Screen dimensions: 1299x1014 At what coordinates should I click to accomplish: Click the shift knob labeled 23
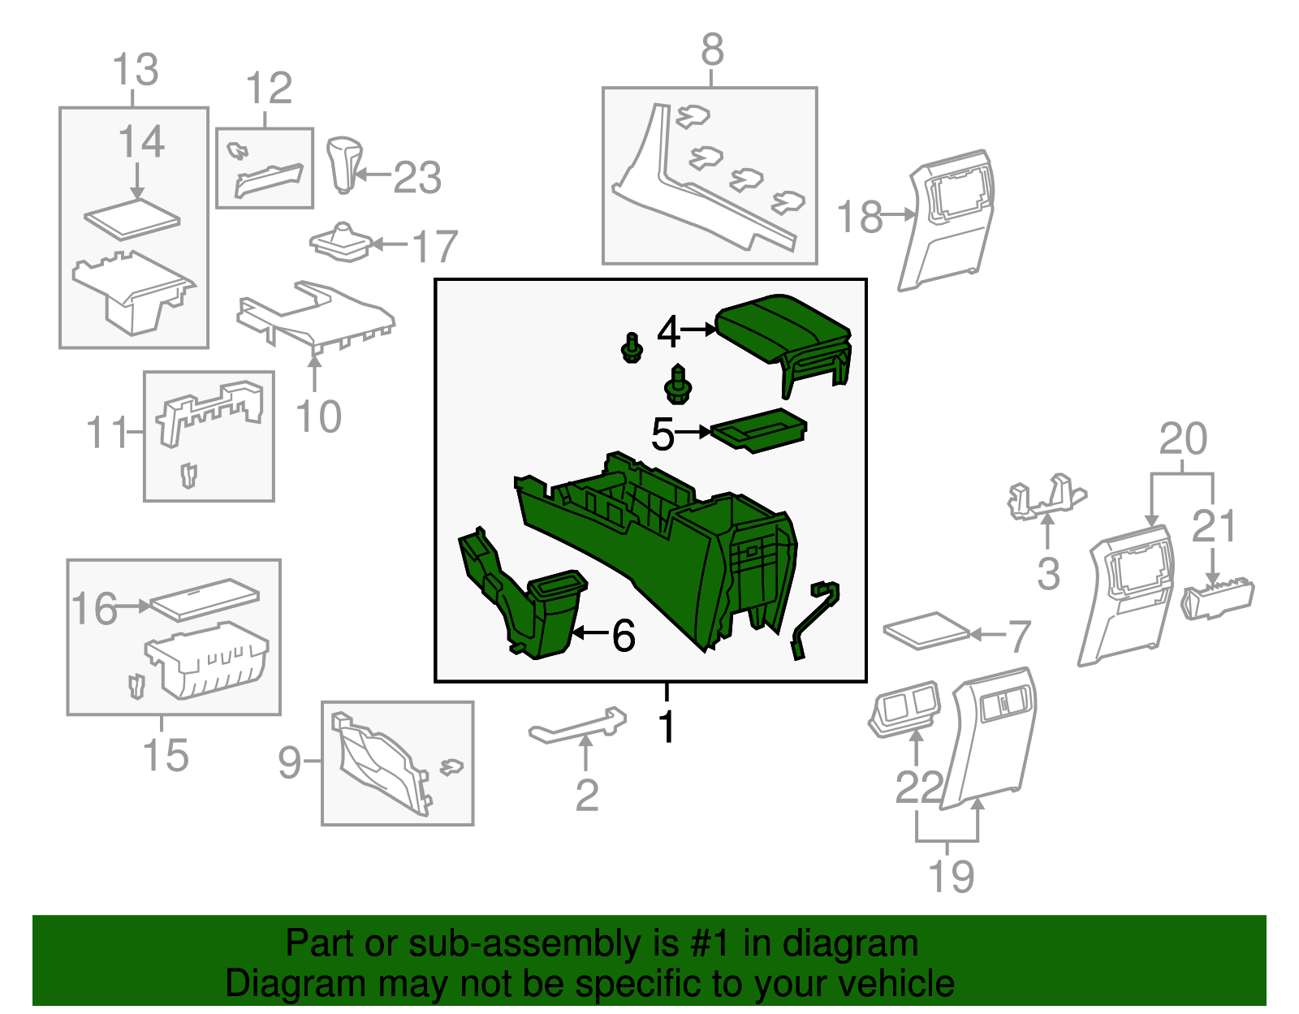pyautogui.click(x=344, y=165)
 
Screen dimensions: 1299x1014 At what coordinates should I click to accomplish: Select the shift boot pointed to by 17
pyautogui.click(x=341, y=243)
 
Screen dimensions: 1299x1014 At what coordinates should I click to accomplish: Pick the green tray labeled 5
pyautogui.click(x=758, y=430)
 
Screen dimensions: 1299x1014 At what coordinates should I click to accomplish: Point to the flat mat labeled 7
pyautogui.click(x=926, y=630)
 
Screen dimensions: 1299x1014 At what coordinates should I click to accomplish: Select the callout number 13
pyautogui.click(x=136, y=69)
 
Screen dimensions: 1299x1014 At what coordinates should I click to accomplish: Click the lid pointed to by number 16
pyautogui.click(x=205, y=599)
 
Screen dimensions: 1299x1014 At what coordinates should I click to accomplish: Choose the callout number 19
pyautogui.click(x=951, y=876)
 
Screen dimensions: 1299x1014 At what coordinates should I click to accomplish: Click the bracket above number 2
pyautogui.click(x=577, y=725)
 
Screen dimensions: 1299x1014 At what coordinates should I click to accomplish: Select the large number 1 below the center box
pyautogui.click(x=666, y=726)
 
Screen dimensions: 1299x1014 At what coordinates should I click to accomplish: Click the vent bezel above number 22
pyautogui.click(x=904, y=709)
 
